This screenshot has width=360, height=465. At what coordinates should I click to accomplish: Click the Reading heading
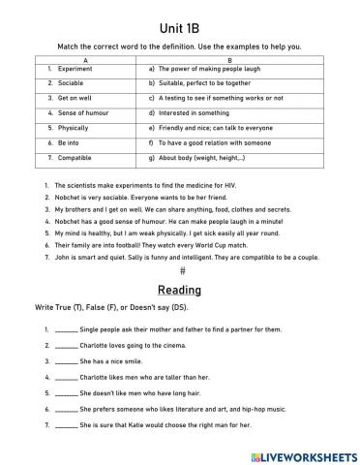click(x=180, y=290)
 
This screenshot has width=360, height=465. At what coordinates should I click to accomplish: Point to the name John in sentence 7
click(x=62, y=259)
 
